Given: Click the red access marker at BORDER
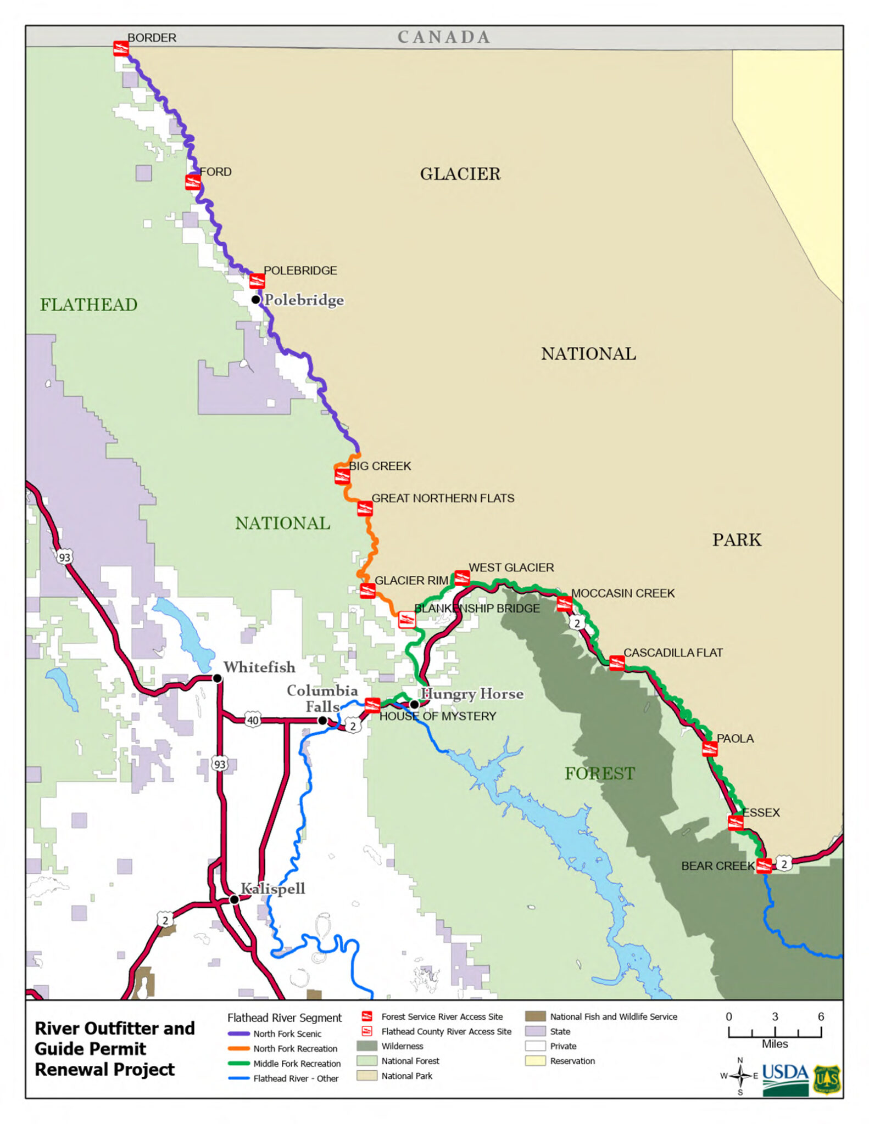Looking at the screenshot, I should click(121, 48).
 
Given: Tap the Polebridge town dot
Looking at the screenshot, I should click(256, 300).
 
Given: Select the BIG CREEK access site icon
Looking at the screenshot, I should click(342, 475).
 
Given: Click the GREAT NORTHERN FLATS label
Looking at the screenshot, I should click(443, 498).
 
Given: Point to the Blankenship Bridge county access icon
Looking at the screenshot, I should click(406, 620).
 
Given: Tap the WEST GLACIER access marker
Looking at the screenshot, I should click(462, 577).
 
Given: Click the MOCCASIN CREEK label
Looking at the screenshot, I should click(623, 593).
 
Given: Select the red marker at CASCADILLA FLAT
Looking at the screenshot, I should click(617, 663).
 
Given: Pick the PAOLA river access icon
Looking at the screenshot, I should click(710, 749).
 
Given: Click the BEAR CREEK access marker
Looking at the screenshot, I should click(764, 866).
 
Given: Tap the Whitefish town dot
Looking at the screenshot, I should click(218, 679).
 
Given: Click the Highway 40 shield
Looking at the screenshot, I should click(253, 720).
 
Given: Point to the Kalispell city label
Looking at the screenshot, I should click(273, 889).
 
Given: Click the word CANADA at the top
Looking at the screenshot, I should click(443, 37).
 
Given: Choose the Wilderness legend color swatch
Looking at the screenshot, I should click(367, 1046).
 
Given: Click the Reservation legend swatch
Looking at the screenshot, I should click(535, 1061).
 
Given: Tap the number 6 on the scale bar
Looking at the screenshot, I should click(821, 1016).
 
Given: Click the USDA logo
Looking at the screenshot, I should click(785, 1080).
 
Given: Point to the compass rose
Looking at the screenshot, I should click(740, 1076).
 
